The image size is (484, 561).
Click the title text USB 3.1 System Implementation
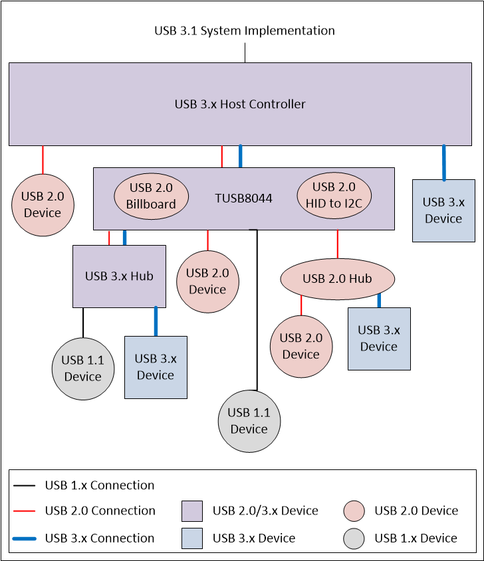coord(244,31)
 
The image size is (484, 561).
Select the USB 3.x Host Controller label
coord(240,104)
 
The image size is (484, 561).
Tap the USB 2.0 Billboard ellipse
coord(151,196)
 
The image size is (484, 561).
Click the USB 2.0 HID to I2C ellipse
coord(334,195)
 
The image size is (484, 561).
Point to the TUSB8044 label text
coord(243,199)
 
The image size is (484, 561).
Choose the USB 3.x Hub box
coord(119,276)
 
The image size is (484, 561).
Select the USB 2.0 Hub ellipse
coord(338,278)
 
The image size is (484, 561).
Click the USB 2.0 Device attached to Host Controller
coord(43,204)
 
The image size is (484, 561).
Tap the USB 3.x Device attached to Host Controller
coord(443,210)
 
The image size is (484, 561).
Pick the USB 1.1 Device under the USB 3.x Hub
coord(82,368)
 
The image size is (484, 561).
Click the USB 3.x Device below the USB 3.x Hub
coord(156,366)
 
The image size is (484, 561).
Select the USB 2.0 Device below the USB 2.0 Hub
coord(301,346)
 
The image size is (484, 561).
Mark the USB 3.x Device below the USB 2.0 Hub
coord(379,339)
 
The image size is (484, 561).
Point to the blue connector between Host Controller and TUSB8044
coord(240,156)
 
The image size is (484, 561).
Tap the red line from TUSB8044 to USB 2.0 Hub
coord(338,244)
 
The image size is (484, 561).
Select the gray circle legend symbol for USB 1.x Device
coord(355,538)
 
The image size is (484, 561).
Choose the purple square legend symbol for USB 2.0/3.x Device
coord(192,511)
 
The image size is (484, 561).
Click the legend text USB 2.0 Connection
coord(100,511)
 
